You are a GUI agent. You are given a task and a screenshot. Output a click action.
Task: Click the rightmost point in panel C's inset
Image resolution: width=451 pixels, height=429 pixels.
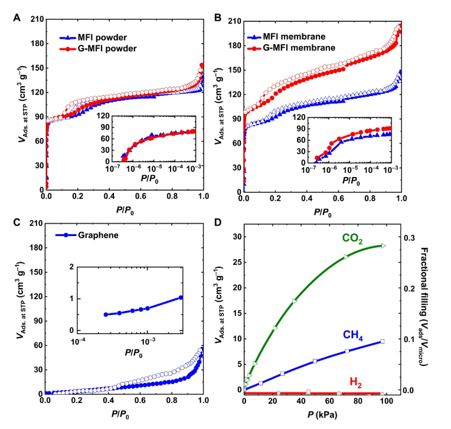(x=181, y=297)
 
